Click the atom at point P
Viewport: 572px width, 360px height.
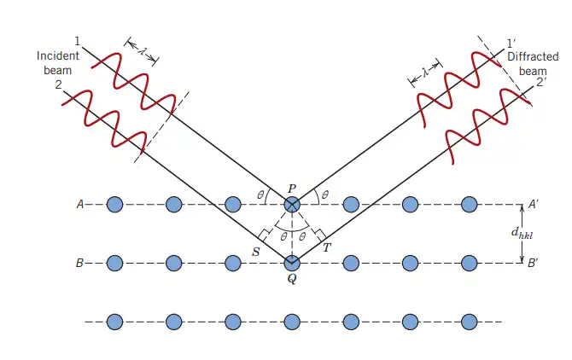(x=292, y=205)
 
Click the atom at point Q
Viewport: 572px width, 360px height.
(x=292, y=263)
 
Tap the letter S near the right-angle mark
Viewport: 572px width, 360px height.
(x=256, y=252)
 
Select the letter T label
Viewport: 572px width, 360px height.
(x=327, y=248)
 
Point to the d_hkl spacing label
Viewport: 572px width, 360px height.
(x=522, y=233)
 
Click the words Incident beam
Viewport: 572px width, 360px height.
(x=58, y=62)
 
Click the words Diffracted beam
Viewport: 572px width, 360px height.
(x=533, y=64)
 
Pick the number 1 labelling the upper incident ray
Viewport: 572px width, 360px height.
(x=77, y=42)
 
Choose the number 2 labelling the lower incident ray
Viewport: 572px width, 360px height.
(x=58, y=85)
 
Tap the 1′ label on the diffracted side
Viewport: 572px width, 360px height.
(x=511, y=44)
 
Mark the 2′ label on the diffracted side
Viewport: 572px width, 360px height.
(x=541, y=83)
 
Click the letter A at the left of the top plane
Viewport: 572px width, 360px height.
(x=80, y=205)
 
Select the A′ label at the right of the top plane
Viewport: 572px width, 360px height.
(x=534, y=205)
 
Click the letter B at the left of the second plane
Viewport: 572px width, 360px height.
(x=79, y=263)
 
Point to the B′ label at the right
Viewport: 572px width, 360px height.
(x=533, y=263)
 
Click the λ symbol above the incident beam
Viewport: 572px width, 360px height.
(x=142, y=51)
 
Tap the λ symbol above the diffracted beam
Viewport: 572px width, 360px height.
(x=425, y=73)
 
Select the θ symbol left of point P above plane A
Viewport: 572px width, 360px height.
(x=260, y=195)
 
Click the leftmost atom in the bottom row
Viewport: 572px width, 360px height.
(x=114, y=322)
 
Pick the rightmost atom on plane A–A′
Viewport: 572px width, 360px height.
(x=470, y=205)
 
